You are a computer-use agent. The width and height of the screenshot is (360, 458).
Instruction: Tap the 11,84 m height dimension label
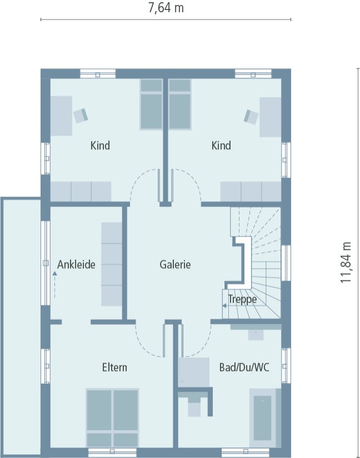[347, 263]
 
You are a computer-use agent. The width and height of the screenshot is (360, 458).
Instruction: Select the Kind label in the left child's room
[100, 145]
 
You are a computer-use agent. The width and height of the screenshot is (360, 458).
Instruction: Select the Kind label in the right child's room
[221, 145]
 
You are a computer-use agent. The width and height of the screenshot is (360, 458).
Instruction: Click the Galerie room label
[175, 265]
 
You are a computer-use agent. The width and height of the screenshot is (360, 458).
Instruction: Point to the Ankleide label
[76, 265]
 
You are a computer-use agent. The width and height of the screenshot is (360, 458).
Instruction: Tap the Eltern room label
[114, 368]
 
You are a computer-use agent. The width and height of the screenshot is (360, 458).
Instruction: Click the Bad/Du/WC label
[244, 368]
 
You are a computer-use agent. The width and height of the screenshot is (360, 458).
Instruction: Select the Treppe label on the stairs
[242, 300]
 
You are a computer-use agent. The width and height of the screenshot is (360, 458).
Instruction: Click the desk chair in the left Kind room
[81, 115]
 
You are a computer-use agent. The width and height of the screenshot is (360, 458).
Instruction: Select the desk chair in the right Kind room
[251, 116]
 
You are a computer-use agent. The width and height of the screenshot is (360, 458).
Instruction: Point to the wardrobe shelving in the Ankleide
[111, 264]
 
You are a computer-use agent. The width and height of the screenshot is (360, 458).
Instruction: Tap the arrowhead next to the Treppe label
[225, 305]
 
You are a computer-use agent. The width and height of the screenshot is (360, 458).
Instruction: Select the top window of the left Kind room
[98, 73]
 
